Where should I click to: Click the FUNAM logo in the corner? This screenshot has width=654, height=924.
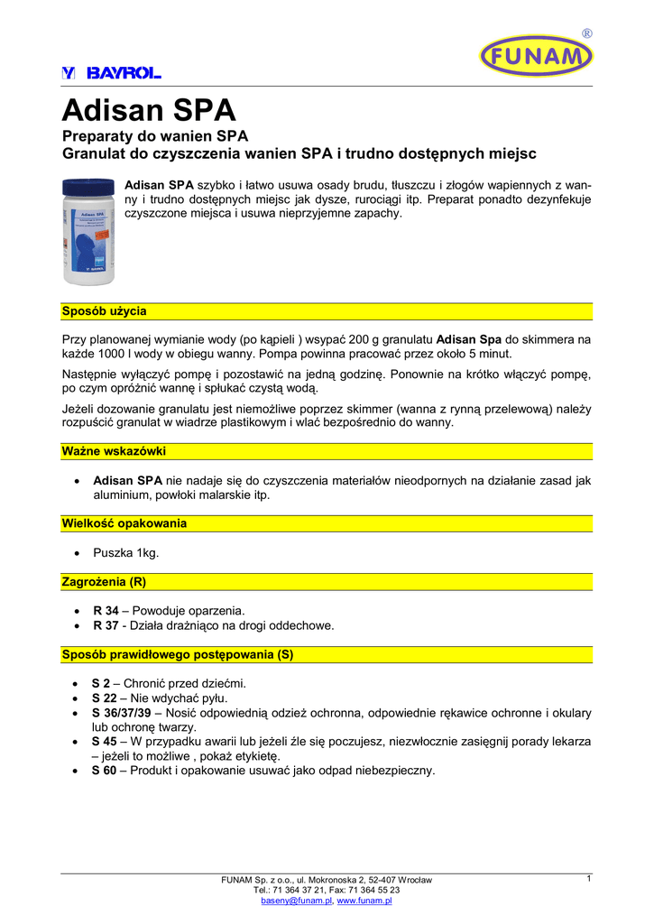536,57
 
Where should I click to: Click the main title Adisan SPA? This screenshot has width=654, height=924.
149,111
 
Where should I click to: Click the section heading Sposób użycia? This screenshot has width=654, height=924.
104,311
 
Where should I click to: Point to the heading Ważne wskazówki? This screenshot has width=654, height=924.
113,450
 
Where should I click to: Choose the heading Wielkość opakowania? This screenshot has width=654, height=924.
124,523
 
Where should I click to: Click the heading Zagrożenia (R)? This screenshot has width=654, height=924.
104,581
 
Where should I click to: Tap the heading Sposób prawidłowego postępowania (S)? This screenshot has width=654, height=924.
178,654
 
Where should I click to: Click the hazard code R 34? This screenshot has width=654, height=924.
106,611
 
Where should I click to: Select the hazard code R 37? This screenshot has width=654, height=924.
106,625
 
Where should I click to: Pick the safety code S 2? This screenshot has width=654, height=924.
101,683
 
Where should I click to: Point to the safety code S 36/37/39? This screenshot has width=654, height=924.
120,713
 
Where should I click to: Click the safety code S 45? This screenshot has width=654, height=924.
105,742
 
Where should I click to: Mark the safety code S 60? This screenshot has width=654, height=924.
105,771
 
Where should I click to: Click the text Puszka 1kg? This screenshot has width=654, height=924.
125,552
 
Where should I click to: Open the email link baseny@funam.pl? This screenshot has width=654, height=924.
297,901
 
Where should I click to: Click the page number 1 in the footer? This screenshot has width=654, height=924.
588,878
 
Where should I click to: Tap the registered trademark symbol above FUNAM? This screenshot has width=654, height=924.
587,33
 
